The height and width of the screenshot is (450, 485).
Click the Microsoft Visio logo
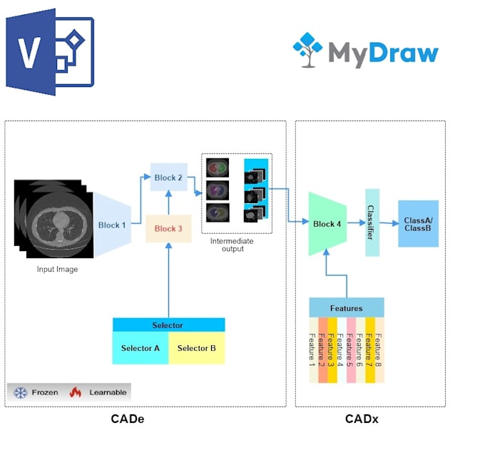coord(49,52)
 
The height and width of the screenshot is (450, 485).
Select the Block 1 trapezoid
coord(112,225)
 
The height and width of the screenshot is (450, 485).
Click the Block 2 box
coord(169,178)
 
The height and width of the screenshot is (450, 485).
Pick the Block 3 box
coord(168,228)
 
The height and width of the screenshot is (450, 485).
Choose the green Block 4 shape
coord(327,223)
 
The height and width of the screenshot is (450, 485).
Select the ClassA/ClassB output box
coord(418,223)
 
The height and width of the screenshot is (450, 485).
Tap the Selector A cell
coord(141,348)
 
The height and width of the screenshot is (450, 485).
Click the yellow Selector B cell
coord(196,348)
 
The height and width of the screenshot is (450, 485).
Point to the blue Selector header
coord(168,325)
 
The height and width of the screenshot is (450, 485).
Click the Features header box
coord(346,308)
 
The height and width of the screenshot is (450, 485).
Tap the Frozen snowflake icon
coord(21,392)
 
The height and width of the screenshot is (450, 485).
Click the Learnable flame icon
coord(76,392)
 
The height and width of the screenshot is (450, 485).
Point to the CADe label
coord(128,419)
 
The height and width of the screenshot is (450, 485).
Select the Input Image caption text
coord(57,269)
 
